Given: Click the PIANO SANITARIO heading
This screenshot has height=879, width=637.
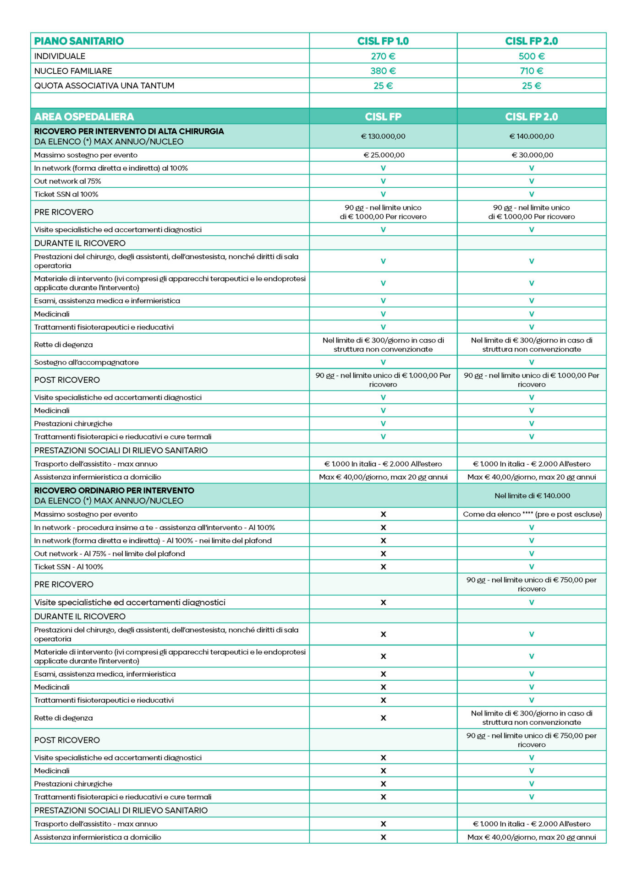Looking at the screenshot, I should coord(79,41).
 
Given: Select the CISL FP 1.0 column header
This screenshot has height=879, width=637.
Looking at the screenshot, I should coord(383,41).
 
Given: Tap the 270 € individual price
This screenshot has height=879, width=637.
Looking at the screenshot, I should coord(383,56).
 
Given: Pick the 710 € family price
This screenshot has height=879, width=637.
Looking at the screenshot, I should coord(531,71).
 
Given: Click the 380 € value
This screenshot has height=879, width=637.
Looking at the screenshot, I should coord(383,71).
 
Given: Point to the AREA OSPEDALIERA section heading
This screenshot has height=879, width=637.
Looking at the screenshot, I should coord(84,116).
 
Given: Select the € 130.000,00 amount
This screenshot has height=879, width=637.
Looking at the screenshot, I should coord(383,136).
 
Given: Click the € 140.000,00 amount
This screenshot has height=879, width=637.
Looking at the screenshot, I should coord(531,136).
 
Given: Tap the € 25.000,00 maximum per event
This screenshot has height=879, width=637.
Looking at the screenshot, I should coord(384,155).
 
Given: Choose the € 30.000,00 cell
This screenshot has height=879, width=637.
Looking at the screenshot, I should coord(532,155).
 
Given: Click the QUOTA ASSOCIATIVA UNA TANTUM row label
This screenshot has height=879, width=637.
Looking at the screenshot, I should coord(104,86).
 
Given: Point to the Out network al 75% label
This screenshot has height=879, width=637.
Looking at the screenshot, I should coord(67,181).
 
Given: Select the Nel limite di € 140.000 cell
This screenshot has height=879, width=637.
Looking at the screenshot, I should coord(531,495).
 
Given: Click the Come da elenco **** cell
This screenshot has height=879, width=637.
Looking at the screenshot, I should coord(532,514).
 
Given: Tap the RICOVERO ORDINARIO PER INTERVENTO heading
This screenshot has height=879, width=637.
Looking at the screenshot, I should coord(114,490).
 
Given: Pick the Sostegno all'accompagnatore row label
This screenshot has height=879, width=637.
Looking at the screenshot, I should coord(86,362).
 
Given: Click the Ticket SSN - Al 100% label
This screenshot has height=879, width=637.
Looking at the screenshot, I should coord(69,566).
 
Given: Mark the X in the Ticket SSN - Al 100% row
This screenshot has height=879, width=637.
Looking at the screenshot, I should coord(383,566).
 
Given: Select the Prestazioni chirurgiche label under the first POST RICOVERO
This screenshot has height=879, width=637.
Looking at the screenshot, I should coord(73,423).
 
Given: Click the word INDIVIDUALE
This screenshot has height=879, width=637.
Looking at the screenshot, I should coord(60,56).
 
